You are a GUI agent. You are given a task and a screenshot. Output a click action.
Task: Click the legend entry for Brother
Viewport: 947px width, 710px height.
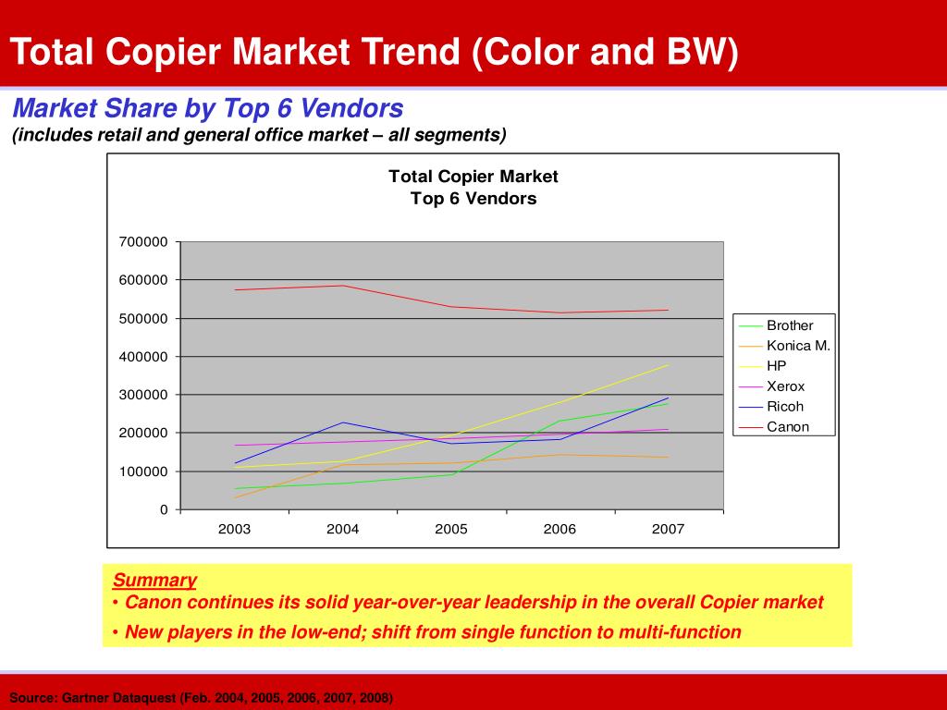(789, 325)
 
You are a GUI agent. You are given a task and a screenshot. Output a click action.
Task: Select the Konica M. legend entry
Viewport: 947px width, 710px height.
(798, 346)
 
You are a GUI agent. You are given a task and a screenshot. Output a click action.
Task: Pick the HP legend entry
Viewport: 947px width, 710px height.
(776, 366)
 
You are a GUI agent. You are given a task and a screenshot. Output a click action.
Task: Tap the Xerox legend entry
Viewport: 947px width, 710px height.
(785, 386)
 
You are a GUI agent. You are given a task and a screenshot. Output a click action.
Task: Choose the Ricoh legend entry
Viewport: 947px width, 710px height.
(784, 407)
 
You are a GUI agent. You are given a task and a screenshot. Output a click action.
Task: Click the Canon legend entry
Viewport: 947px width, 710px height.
(787, 427)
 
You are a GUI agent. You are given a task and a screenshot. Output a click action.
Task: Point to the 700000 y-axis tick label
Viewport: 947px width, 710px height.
(143, 242)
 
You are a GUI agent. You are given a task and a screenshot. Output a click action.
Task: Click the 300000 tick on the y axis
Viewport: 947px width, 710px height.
(143, 395)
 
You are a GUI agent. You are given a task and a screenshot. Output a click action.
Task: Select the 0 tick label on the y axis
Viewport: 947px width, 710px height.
(164, 509)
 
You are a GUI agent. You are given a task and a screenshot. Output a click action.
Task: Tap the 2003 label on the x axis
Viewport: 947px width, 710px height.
(234, 530)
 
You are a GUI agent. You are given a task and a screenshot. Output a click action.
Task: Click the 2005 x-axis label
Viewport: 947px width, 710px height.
(451, 530)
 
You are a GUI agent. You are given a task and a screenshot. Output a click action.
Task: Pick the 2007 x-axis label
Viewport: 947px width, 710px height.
(668, 530)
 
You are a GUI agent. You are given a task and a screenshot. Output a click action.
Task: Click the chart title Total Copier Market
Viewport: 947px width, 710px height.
(473, 177)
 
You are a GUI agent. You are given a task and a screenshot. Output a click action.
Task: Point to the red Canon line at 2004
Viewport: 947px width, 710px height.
(343, 286)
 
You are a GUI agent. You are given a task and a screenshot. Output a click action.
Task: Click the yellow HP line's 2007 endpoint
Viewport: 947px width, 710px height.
(668, 365)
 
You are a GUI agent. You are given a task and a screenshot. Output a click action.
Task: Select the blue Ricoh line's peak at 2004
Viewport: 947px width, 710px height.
(343, 422)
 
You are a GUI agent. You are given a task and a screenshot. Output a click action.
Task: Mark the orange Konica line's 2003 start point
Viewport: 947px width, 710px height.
(235, 497)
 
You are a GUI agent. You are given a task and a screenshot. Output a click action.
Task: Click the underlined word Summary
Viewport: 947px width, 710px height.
(154, 581)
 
